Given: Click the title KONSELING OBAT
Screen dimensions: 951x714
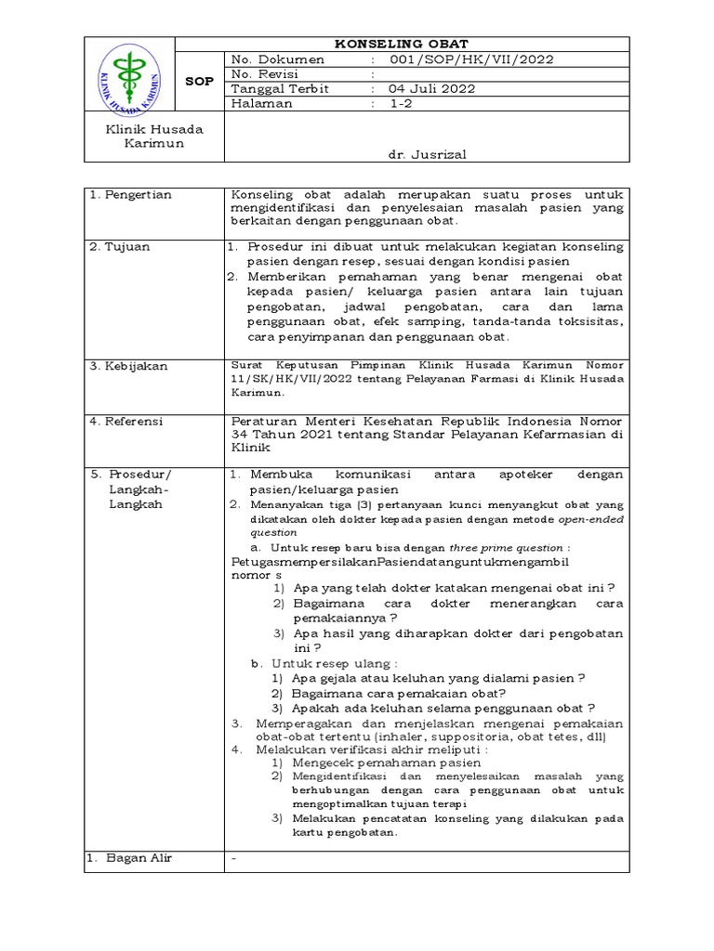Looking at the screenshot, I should click(x=402, y=44).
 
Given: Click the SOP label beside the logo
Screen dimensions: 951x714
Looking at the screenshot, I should click(x=199, y=82).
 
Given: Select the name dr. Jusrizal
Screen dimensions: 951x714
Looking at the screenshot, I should click(x=427, y=156).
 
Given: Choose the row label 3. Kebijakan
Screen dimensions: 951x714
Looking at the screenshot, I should click(x=128, y=366).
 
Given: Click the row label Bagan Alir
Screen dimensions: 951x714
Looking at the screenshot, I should click(x=135, y=858).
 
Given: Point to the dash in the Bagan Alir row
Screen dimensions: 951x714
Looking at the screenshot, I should click(x=234, y=858).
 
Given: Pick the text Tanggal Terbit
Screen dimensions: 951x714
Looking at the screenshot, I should click(x=274, y=89).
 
